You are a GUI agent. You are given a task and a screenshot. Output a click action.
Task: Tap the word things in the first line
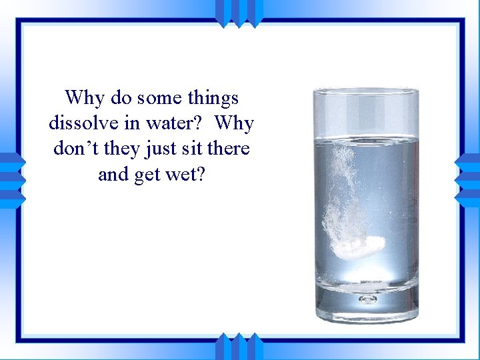(x=212, y=98)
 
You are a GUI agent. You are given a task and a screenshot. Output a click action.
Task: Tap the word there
(x=228, y=149)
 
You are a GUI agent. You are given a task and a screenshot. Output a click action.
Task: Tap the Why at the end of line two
(x=234, y=123)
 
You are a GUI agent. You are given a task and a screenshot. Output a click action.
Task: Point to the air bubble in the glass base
(x=367, y=299)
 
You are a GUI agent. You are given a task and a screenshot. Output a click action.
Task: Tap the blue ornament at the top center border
(x=239, y=12)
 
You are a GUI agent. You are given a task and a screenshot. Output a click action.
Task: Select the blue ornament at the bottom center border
(x=239, y=347)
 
